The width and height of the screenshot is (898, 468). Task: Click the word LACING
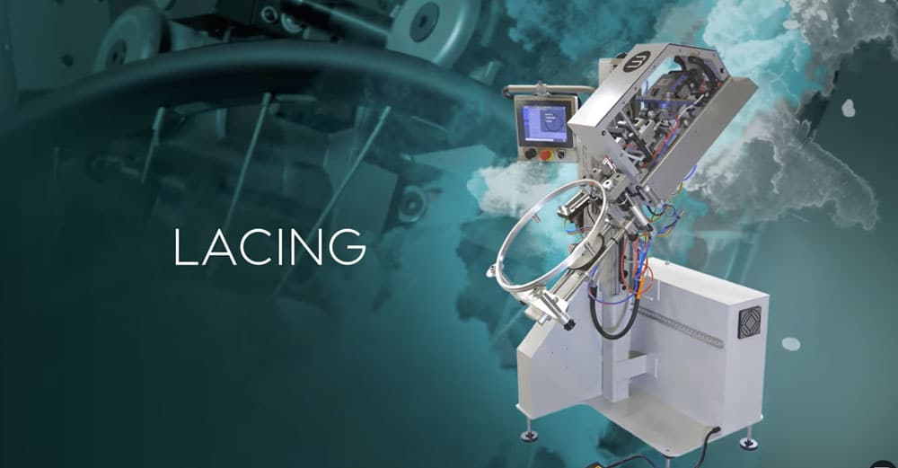click(269, 247)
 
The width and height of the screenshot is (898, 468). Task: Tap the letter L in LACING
click(185, 247)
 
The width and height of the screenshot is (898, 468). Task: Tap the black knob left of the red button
click(531, 154)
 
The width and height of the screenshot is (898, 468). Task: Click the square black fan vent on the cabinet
click(749, 322)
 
